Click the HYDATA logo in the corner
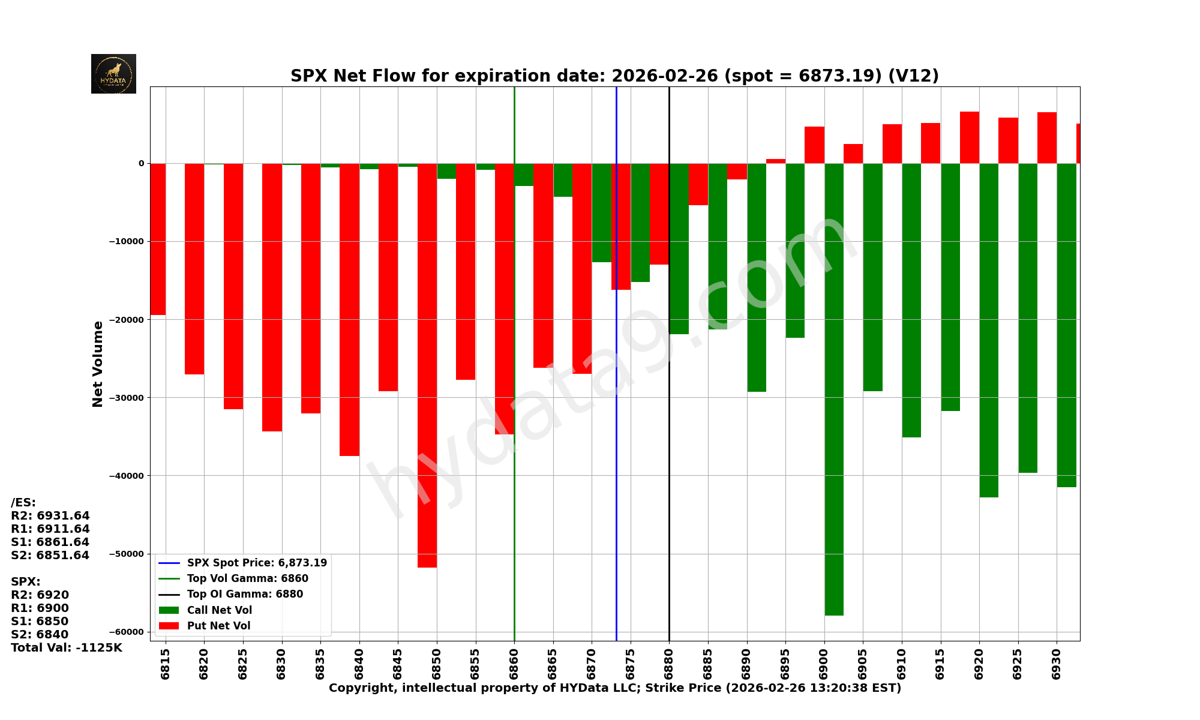pos(113,74)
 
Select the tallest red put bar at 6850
pos(427,366)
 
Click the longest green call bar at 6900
pos(834,390)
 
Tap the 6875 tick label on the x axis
pos(631,663)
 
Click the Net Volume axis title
pos(98,364)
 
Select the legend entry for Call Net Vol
pos(219,610)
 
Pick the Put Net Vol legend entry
pos(218,626)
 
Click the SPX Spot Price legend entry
pos(257,563)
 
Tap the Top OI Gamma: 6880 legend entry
pos(245,594)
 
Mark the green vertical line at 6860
pos(514,540)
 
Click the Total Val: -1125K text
pos(66,648)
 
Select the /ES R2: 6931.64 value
pos(50,516)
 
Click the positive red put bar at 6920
pos(970,137)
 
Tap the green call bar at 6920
pos(989,330)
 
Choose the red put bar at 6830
pos(272,297)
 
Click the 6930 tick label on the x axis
pos(1057,663)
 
